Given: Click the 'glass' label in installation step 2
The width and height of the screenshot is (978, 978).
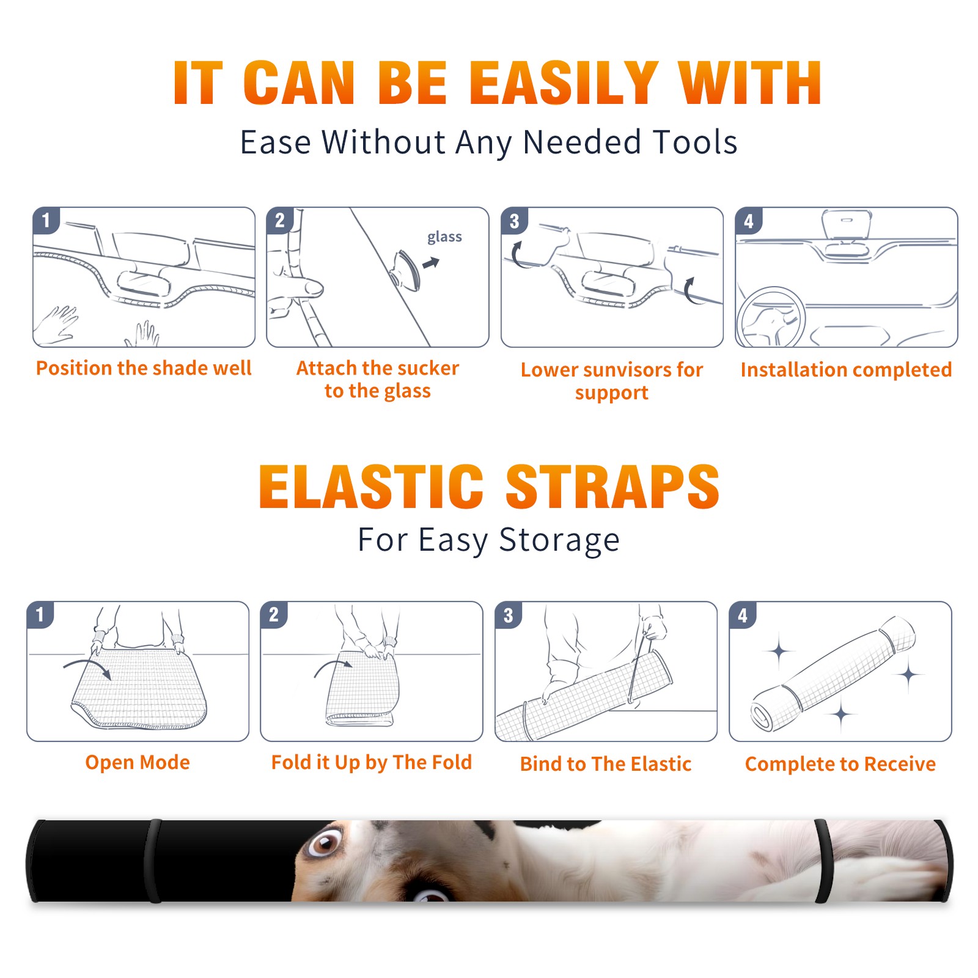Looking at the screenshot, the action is click(444, 237).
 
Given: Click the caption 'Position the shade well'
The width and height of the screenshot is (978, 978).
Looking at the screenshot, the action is click(144, 368).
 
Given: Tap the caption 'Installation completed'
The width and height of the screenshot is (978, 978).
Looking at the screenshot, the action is click(846, 369).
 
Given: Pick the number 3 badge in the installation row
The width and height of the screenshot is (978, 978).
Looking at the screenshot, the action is click(514, 221).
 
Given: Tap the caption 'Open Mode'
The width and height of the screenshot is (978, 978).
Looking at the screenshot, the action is click(138, 762).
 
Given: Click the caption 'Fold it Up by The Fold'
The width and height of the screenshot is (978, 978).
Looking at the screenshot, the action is click(372, 762).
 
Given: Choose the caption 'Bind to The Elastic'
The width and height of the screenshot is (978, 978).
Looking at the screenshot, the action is click(606, 764).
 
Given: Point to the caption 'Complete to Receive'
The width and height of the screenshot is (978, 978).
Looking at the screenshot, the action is click(840, 764).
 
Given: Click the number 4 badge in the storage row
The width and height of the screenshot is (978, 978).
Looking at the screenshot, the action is click(743, 615).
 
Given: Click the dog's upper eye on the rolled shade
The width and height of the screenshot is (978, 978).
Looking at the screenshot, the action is click(324, 844).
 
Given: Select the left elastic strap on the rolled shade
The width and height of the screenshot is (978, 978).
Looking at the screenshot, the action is click(153, 861).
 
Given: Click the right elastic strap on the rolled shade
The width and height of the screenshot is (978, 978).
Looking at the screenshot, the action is click(823, 861).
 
